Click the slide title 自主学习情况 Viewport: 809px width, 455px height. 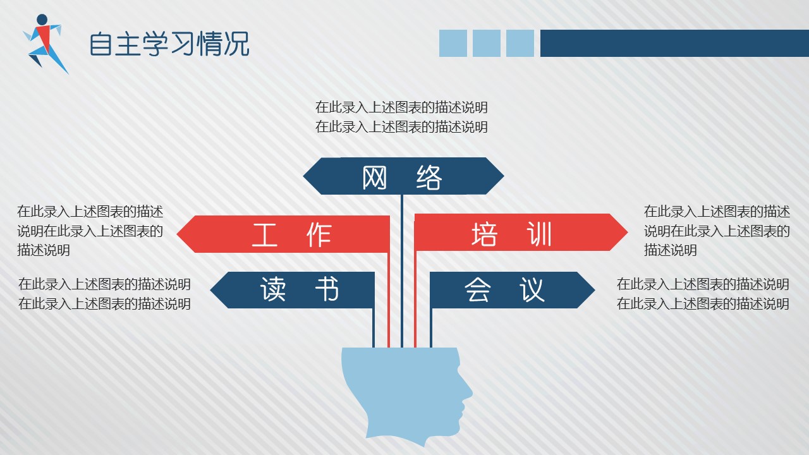(169, 44)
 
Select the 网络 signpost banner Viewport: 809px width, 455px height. (403, 176)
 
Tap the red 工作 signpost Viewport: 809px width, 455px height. (283, 234)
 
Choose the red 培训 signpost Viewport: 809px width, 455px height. (521, 233)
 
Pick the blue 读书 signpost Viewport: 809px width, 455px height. (293, 290)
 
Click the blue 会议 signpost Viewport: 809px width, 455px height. (512, 290)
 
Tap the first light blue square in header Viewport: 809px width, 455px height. (453, 44)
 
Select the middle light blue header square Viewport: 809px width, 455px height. (487, 44)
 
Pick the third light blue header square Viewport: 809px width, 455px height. (520, 44)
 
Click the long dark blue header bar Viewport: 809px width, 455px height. (674, 44)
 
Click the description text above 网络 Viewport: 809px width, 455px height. (401, 117)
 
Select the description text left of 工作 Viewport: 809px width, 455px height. (90, 231)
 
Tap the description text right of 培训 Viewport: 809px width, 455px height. (717, 231)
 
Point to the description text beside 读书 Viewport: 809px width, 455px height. (104, 294)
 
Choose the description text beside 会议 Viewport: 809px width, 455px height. (703, 294)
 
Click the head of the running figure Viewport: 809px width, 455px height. (42, 20)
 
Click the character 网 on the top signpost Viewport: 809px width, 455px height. (375, 178)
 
